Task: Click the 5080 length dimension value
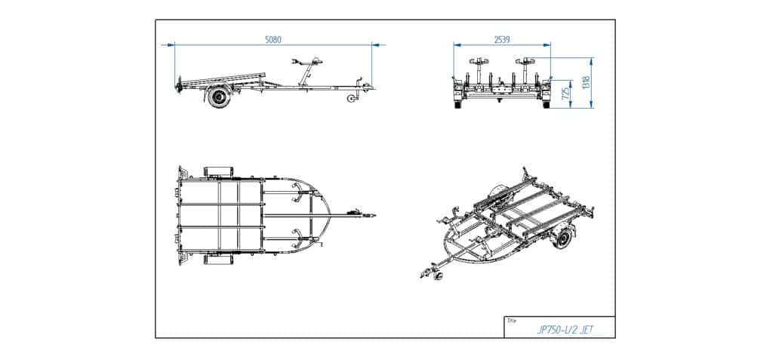pyautogui.click(x=273, y=39)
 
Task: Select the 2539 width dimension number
pyautogui.click(x=501, y=39)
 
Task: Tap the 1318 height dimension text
pyautogui.click(x=586, y=82)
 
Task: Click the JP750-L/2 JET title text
pyautogui.click(x=565, y=331)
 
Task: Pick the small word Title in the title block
pyautogui.click(x=512, y=321)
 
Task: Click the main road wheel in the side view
pyautogui.click(x=218, y=96)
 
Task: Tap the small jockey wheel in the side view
pyautogui.click(x=352, y=99)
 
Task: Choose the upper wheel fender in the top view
pyautogui.click(x=217, y=172)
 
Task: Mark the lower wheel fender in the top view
pyautogui.click(x=217, y=259)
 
